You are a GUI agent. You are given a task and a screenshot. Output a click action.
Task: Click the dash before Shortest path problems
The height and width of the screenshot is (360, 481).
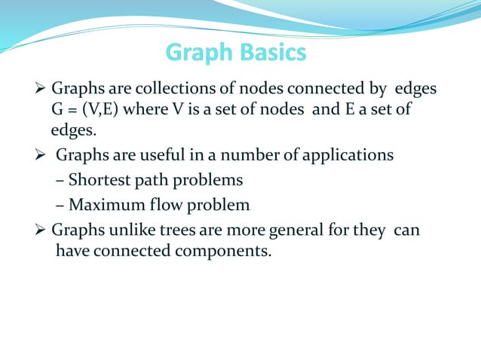click(x=60, y=182)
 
